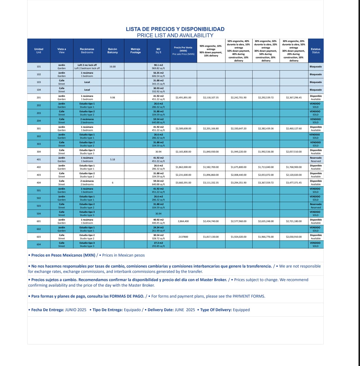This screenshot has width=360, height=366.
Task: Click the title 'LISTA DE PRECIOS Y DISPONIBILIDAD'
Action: (175, 29)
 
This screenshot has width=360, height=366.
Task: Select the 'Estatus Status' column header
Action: (316, 51)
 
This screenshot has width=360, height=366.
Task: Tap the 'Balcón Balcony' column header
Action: (112, 51)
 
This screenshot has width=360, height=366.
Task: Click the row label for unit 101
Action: (39, 66)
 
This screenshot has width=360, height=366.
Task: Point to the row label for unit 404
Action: (39, 183)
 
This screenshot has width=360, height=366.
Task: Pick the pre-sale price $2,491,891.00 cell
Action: (183, 98)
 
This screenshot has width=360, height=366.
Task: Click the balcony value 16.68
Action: (112, 66)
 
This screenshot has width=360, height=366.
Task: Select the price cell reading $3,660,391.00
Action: (183, 183)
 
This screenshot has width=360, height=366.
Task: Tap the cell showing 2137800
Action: (183, 237)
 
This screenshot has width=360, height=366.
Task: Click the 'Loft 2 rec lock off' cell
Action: (87, 65)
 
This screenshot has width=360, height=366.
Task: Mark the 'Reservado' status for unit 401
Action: (316, 158)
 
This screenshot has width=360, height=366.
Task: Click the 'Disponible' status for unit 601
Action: (316, 220)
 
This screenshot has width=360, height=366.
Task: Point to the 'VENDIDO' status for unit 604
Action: (315, 243)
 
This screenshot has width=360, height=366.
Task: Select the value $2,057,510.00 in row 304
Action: (294, 152)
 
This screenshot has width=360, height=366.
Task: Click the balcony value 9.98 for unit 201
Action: (112, 98)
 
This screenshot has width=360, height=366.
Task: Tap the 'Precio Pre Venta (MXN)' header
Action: (183, 51)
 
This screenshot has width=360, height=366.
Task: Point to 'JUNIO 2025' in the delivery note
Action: (76, 310)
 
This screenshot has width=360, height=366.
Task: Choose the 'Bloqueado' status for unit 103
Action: (316, 82)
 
